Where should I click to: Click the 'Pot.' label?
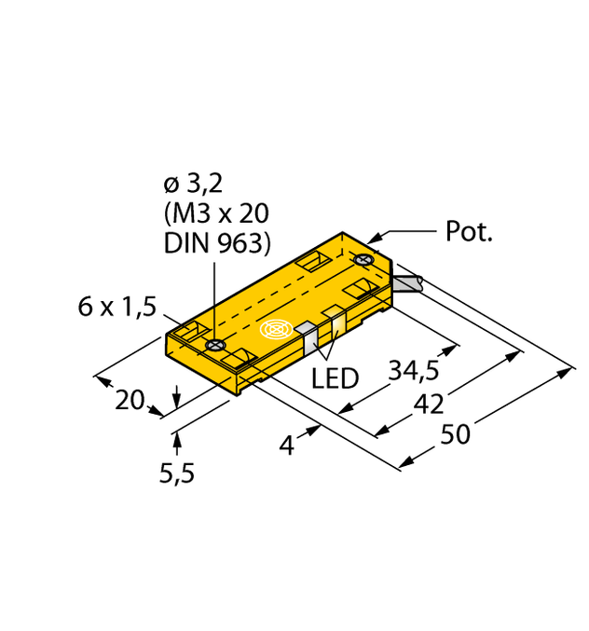pyautogui.click(x=469, y=233)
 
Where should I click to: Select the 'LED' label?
pyautogui.click(x=335, y=377)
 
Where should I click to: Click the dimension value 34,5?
pyautogui.click(x=413, y=370)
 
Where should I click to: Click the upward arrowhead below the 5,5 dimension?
pyautogui.click(x=173, y=437)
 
